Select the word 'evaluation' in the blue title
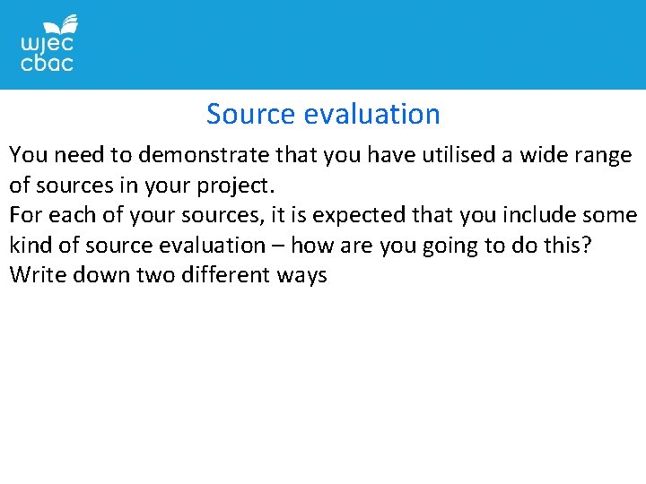(372, 115)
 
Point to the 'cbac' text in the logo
(47, 64)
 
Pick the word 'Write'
(35, 274)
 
